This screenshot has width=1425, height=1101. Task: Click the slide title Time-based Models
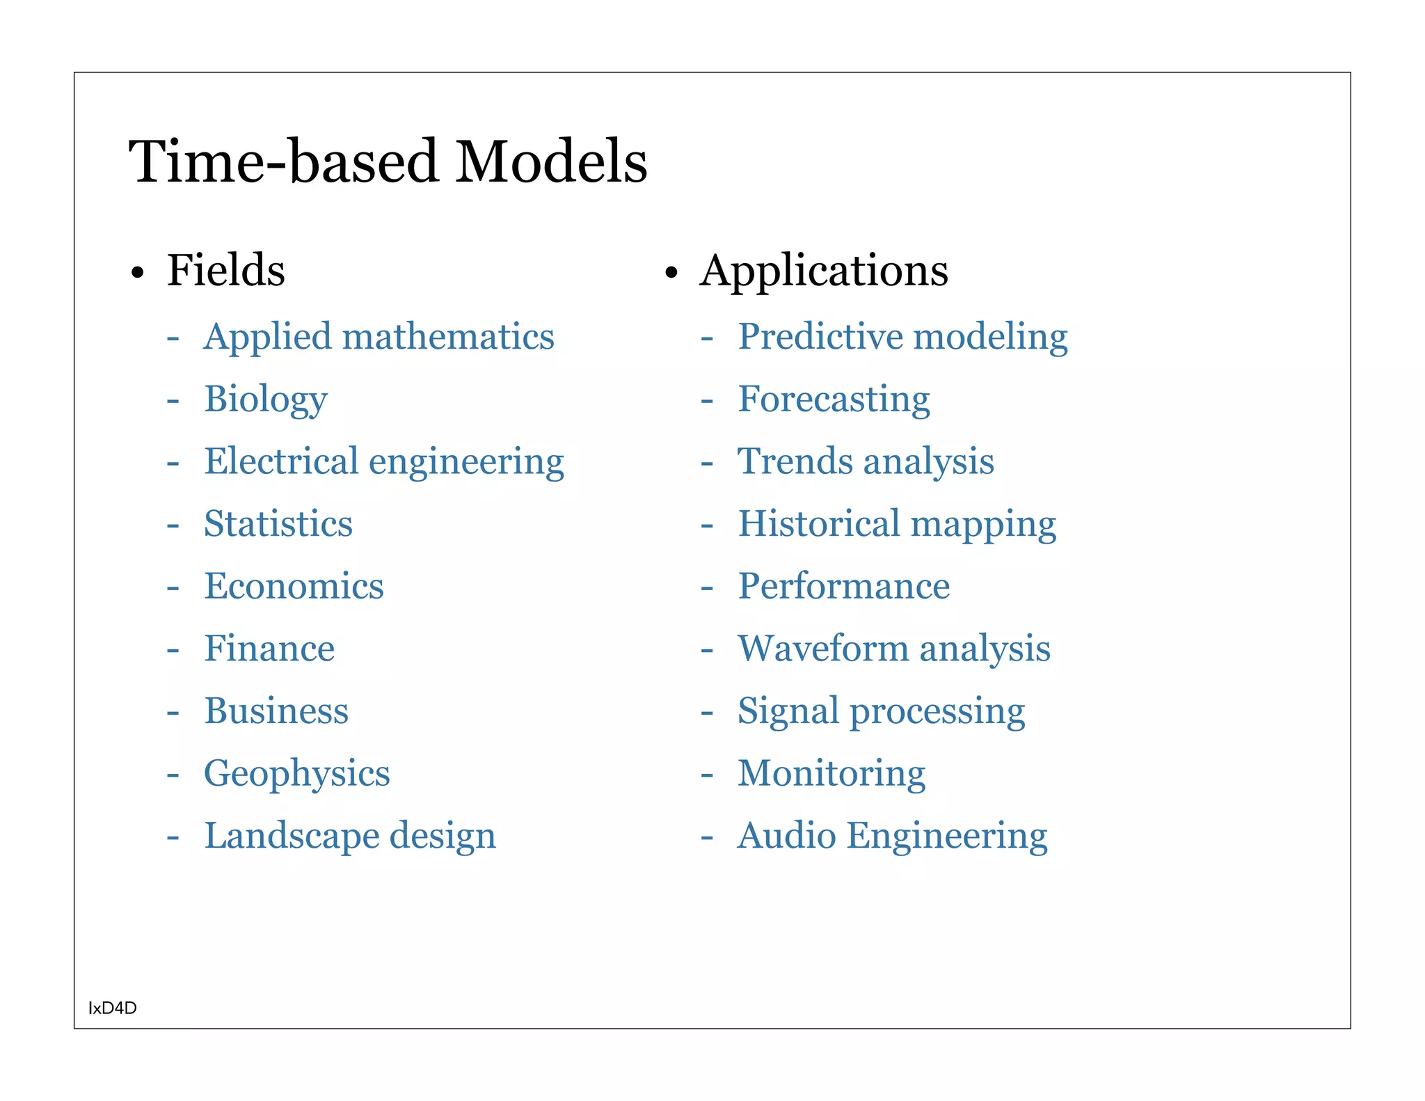[x=388, y=161]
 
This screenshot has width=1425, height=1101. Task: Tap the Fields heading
[x=226, y=270]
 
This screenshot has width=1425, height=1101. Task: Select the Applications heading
[x=824, y=270]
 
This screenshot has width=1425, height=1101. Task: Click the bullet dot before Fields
[x=138, y=273]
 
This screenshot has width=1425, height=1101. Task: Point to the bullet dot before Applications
[x=671, y=273]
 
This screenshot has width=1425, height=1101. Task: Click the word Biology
[x=266, y=399]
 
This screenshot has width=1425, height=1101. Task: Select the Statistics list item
[x=278, y=523]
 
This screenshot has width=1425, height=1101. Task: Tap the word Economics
[x=294, y=586]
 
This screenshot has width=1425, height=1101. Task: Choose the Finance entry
[x=269, y=649]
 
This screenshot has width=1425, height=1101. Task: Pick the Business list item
[x=276, y=711]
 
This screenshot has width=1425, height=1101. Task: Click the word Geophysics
[x=297, y=774]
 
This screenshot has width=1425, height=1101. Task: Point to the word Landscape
[x=291, y=836]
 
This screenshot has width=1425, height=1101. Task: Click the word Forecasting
[x=834, y=399]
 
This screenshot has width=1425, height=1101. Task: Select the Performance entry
[x=844, y=586]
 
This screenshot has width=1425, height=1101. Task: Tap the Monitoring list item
[x=831, y=773]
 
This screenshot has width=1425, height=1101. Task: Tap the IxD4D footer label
[x=113, y=1008]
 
